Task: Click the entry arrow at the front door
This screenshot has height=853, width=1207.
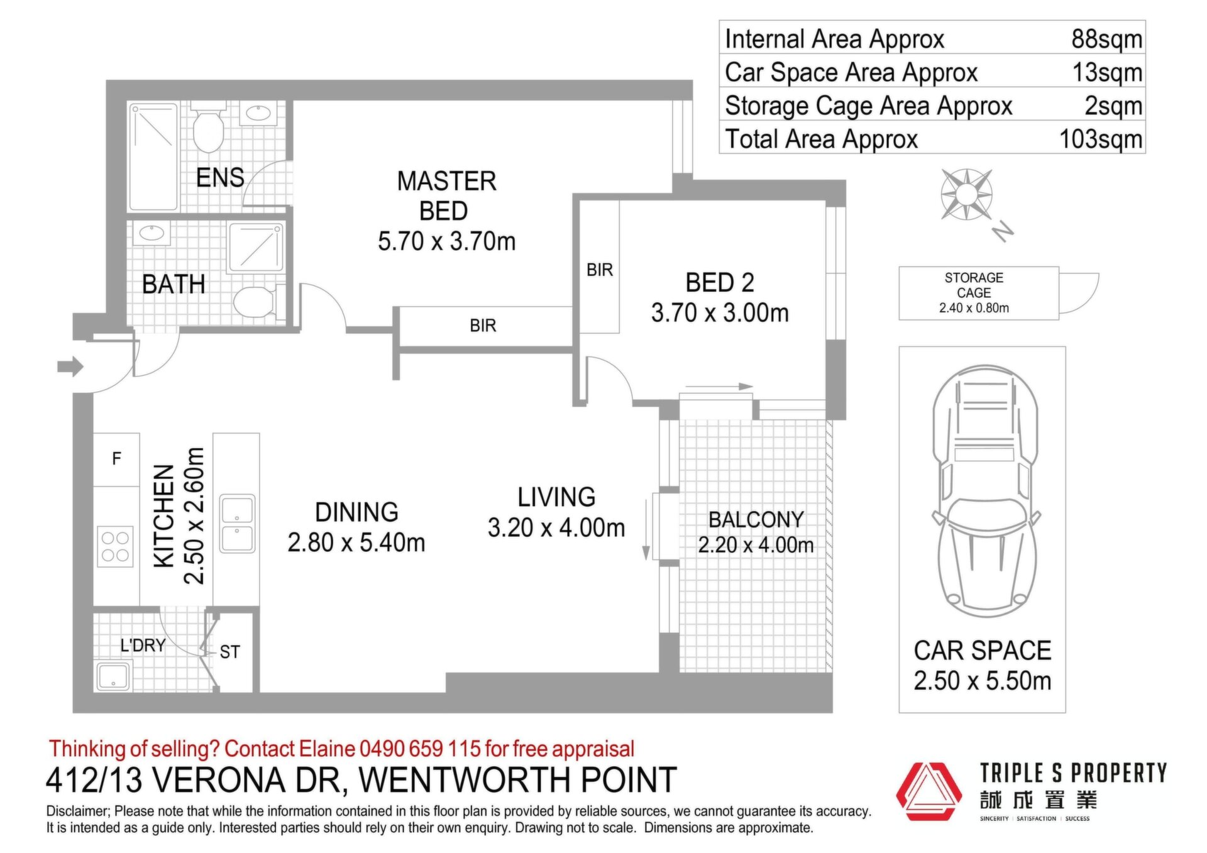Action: [x=70, y=366]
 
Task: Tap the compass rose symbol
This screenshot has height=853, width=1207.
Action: [x=966, y=195]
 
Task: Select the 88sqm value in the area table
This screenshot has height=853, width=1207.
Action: [x=1106, y=39]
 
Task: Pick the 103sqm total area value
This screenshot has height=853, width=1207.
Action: [x=1101, y=139]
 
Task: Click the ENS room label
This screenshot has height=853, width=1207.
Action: [x=220, y=178]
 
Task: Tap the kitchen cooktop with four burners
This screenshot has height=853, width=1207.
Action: [x=115, y=546]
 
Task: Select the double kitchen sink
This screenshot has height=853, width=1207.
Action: [x=238, y=524]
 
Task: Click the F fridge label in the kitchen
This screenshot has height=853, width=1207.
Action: [x=116, y=459]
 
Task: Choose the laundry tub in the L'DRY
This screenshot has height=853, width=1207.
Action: [x=113, y=676]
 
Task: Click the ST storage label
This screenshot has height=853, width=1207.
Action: [x=229, y=652]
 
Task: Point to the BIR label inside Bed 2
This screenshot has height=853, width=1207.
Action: [x=599, y=270]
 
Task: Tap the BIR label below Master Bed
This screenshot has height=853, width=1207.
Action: [x=483, y=326]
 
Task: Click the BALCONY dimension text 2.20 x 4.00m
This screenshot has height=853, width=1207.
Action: [x=756, y=545]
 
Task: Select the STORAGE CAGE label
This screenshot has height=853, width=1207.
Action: [x=974, y=285]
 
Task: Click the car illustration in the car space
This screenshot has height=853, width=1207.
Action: [x=985, y=491]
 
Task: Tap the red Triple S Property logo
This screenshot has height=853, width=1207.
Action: [x=929, y=792]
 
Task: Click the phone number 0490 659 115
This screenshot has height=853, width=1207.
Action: [x=420, y=749]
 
